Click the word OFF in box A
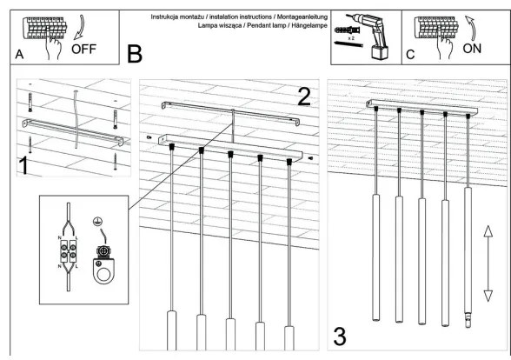[x=84, y=49]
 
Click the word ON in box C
[x=471, y=50]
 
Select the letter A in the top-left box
[x=19, y=54]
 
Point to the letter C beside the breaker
[x=410, y=54]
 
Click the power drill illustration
[x=368, y=35]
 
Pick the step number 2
[x=303, y=96]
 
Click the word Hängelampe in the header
[x=302, y=26]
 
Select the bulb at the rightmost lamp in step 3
[x=468, y=322]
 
